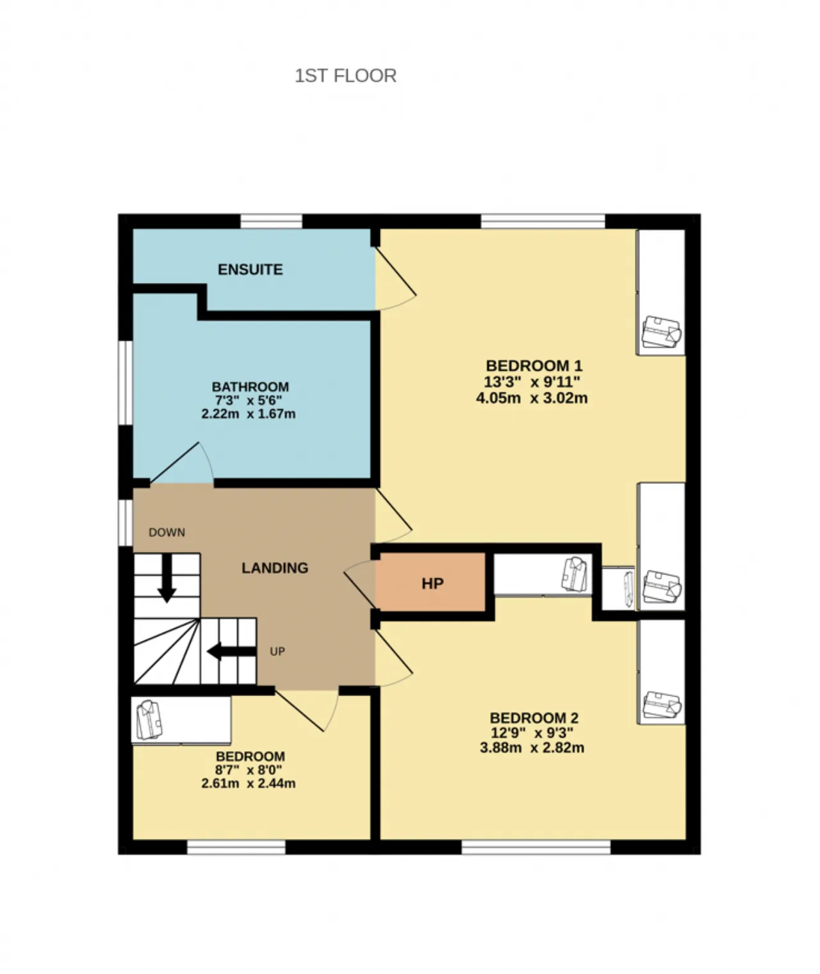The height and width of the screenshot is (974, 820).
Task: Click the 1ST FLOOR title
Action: (345, 76)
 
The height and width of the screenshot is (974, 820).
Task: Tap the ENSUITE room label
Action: (250, 269)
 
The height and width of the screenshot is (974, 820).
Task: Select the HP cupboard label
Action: (432, 583)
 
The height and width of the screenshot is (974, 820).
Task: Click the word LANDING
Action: (275, 568)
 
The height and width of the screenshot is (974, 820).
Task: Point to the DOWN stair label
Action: (167, 532)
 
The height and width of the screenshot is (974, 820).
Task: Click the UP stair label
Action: (277, 652)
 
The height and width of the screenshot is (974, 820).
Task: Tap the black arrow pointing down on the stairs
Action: (167, 578)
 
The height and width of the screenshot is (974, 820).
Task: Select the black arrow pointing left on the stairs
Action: (231, 652)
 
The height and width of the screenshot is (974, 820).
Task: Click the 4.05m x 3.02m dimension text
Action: (532, 398)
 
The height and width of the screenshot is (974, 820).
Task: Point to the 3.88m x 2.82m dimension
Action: (532, 747)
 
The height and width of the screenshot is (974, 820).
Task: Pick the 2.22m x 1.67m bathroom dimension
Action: (249, 414)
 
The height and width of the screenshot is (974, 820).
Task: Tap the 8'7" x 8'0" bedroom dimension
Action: (249, 770)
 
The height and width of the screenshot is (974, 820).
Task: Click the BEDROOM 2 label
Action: (534, 717)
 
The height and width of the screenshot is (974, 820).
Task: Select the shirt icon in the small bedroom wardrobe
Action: (149, 720)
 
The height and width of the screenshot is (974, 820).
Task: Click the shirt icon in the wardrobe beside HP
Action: (574, 574)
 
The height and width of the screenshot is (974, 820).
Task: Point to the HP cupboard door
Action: (360, 584)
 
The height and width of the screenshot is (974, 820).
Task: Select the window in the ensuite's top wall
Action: (271, 221)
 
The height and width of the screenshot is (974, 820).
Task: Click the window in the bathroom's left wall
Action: (125, 383)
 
